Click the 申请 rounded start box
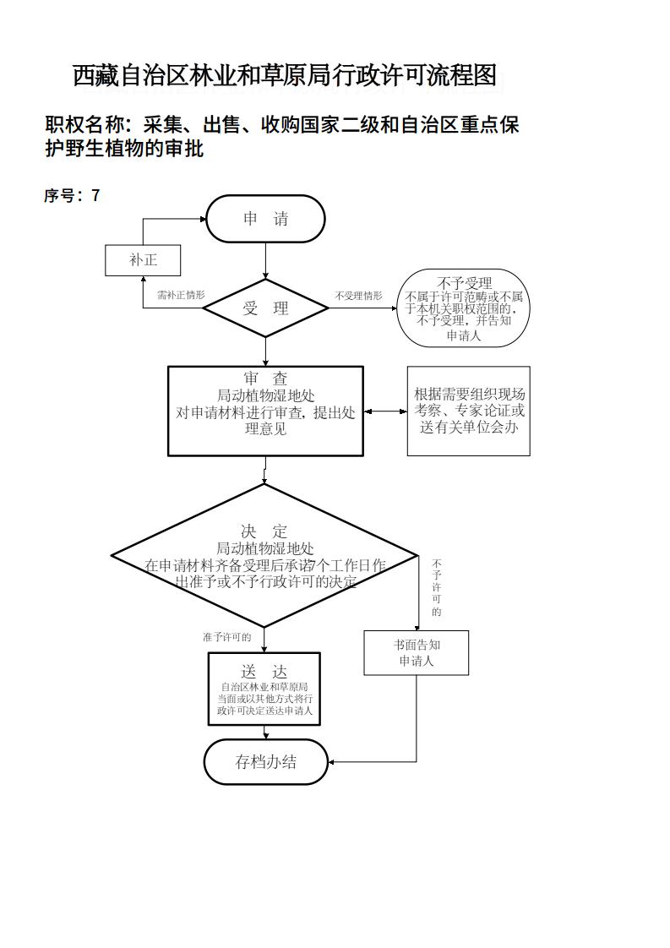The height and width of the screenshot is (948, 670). [x=265, y=219]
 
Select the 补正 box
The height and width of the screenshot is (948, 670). [x=143, y=260]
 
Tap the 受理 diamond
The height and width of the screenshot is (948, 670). [x=265, y=308]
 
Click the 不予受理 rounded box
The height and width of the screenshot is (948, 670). [x=463, y=308]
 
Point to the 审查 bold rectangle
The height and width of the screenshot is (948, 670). [x=265, y=411]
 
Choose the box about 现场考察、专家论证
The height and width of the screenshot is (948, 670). [x=468, y=411]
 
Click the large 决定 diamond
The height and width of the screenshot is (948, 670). [x=264, y=555]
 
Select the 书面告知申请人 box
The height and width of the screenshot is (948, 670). [x=416, y=652]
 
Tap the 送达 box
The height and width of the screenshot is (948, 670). [x=264, y=689]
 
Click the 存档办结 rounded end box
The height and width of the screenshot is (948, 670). [x=265, y=761]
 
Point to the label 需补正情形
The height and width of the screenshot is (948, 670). [x=181, y=296]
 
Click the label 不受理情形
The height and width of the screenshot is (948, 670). [x=358, y=296]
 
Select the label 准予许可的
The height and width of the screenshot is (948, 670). [x=226, y=637]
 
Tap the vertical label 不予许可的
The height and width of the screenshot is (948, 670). [x=436, y=587]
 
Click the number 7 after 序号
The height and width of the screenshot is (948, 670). [x=95, y=196]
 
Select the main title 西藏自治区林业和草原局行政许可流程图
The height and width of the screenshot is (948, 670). [x=284, y=76]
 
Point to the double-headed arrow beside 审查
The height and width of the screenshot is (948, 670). [x=385, y=411]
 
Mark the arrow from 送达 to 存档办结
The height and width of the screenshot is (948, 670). [x=264, y=732]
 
